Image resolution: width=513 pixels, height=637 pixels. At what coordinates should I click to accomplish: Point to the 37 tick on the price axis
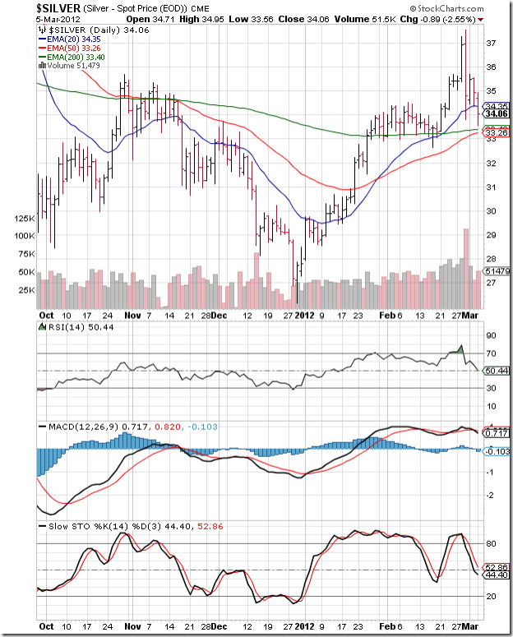click(489, 43)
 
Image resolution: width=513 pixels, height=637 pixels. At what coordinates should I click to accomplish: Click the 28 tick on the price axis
click(489, 259)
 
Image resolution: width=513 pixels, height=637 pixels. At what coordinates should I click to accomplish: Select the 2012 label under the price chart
click(305, 315)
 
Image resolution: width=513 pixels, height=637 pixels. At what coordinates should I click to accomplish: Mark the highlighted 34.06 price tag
click(494, 114)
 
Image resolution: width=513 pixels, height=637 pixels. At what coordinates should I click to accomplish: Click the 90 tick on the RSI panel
click(489, 336)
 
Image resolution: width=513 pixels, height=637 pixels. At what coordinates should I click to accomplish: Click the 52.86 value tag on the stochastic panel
click(495, 567)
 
